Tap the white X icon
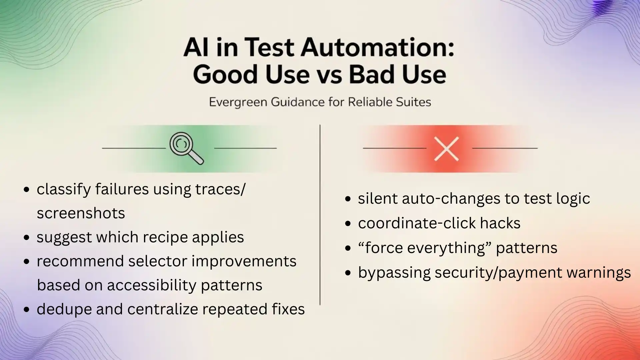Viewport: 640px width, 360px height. pos(447,149)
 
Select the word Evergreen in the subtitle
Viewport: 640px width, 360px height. pos(238,102)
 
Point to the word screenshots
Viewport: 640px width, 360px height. pos(81,213)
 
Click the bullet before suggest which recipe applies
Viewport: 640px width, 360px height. pos(27,238)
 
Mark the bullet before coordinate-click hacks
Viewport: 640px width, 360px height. pos(348,224)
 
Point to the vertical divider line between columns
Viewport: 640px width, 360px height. pos(320,215)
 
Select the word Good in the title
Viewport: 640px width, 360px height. pos(225,75)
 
